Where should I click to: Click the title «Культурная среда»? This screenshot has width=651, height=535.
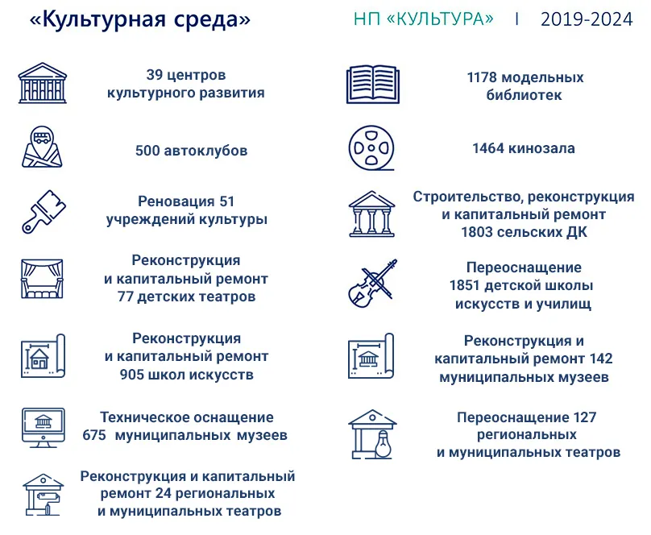click(x=140, y=19)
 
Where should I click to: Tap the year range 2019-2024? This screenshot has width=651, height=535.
click(x=587, y=19)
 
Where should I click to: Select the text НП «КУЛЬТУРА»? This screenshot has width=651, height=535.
click(x=424, y=19)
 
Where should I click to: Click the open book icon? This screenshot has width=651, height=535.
click(x=373, y=85)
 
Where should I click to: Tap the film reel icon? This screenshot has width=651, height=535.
click(x=371, y=148)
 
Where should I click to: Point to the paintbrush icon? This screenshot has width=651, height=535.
click(x=44, y=211)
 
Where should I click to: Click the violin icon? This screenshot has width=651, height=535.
click(x=372, y=283)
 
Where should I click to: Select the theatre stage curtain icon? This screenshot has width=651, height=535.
click(x=42, y=279)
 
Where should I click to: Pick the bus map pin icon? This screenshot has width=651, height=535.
click(x=42, y=147)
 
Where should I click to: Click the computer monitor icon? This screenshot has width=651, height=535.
click(x=44, y=428)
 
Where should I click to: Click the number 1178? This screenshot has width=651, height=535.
click(x=481, y=77)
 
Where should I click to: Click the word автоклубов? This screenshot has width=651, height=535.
click(x=206, y=150)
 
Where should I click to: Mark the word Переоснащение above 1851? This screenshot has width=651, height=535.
click(x=524, y=267)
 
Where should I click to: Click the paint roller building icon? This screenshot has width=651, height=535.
click(x=44, y=495)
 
